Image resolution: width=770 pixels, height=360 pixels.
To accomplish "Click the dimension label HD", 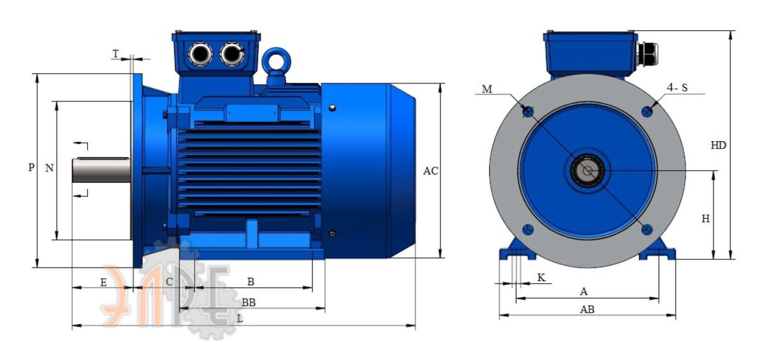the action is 718,146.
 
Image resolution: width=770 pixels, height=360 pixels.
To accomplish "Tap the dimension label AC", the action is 431,171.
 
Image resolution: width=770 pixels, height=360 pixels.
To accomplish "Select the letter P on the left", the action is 31,167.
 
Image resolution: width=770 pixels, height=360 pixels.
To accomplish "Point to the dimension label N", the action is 49,167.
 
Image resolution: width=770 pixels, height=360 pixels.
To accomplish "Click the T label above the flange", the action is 116,54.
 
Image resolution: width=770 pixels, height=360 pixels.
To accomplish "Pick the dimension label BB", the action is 248,303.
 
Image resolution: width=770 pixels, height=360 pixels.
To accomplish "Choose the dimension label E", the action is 103,282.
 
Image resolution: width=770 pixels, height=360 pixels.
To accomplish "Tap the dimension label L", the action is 240,319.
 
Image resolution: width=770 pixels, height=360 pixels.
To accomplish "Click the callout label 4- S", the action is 677,88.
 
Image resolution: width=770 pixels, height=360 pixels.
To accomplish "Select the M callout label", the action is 487,89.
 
